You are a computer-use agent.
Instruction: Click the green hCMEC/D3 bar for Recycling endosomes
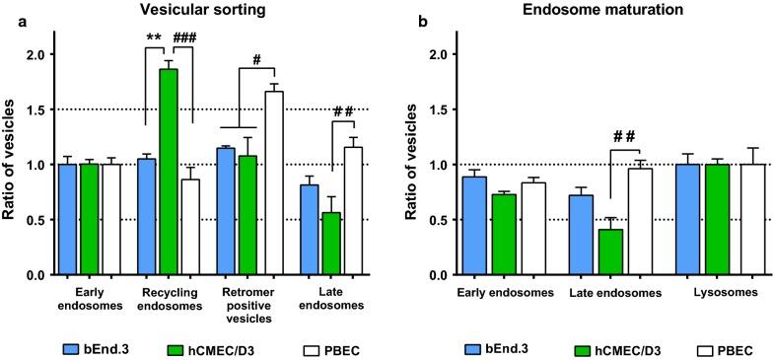point(168,173)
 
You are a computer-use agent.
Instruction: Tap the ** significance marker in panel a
point(155,40)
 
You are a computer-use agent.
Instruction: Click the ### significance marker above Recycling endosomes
point(186,40)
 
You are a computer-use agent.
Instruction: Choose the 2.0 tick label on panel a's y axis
point(35,54)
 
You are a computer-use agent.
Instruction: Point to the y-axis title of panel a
point(12,163)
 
